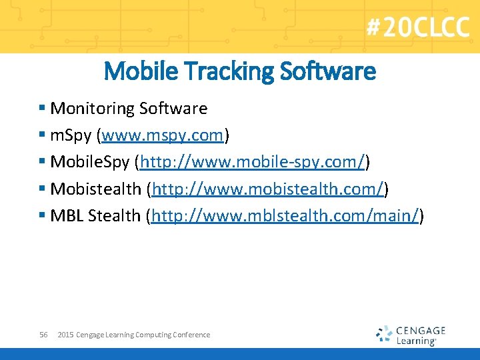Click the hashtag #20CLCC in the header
[417, 27]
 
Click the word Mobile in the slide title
[137, 71]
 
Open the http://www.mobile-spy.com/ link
[253, 163]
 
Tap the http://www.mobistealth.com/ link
[267, 189]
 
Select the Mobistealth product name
[96, 189]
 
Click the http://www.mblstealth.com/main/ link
[285, 217]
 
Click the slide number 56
[43, 335]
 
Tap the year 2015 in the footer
[65, 335]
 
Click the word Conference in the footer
[191, 335]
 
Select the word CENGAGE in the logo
[421, 330]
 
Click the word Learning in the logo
[415, 341]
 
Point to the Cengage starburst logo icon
[384, 334]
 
